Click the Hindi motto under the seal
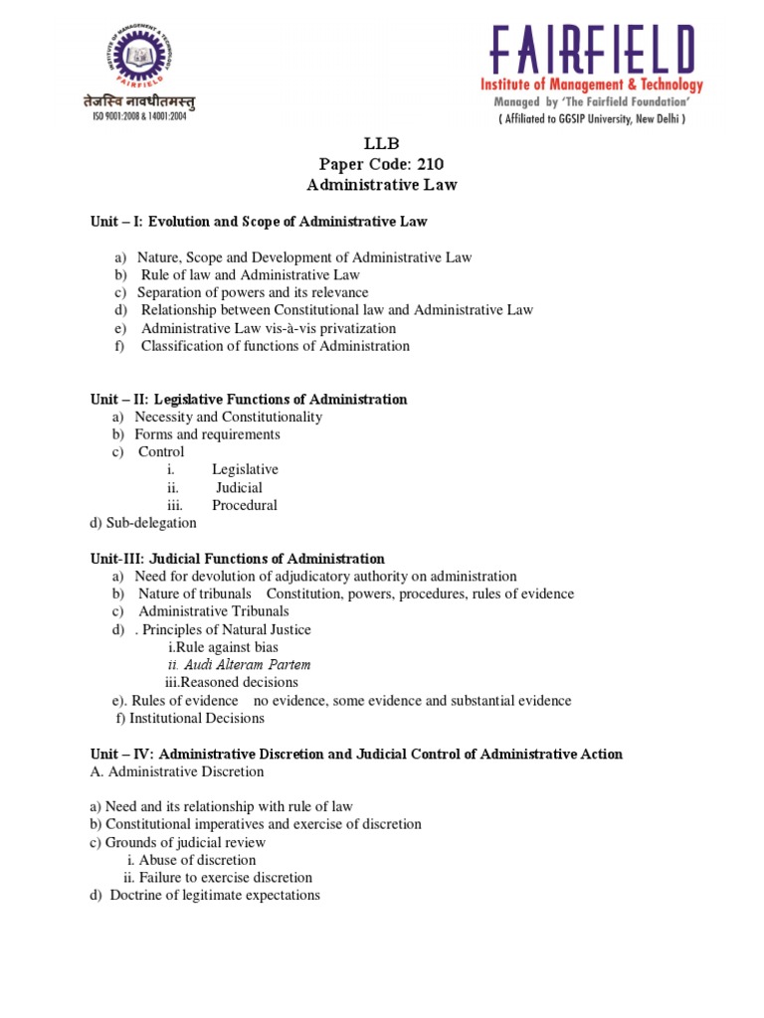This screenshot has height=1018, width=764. tap(139, 99)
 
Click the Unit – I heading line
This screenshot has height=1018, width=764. tap(259, 221)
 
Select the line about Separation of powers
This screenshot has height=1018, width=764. tap(253, 292)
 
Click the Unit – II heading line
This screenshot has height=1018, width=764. tap(249, 399)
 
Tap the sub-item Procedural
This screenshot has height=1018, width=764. tap(244, 505)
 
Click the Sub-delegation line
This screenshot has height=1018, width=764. tap(143, 523)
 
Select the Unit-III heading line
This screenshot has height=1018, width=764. tap(238, 559)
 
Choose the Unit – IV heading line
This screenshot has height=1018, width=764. tap(357, 755)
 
